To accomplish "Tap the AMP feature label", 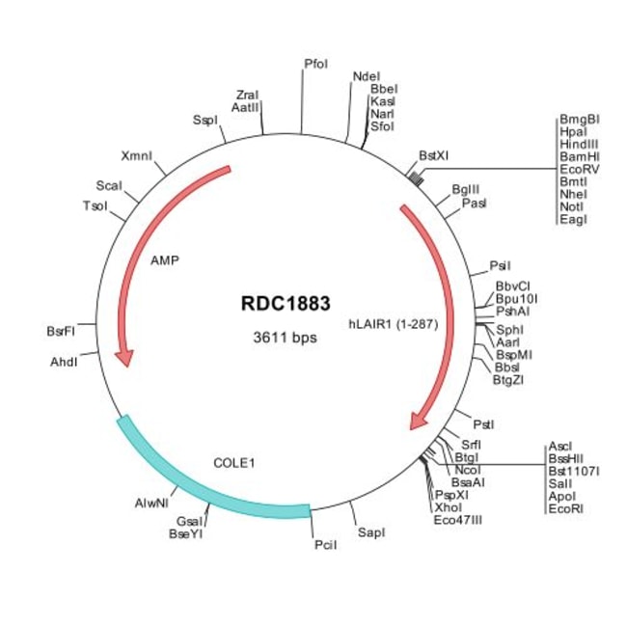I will click(166, 259).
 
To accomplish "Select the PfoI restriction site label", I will click(315, 64).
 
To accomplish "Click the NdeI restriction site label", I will click(366, 76).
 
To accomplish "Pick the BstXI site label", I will click(433, 154).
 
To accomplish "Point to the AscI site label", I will click(560, 446).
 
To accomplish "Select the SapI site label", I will click(371, 532).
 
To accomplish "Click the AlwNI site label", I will click(151, 503).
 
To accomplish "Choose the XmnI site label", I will click(136, 156).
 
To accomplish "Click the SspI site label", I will click(205, 120).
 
